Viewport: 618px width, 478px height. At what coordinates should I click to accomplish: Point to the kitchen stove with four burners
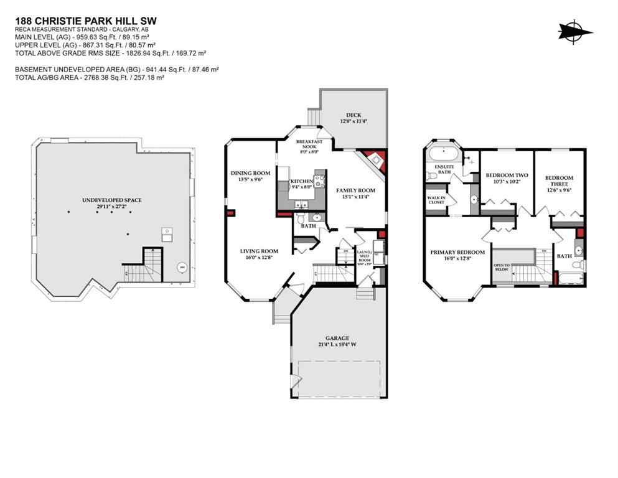pos(320,181)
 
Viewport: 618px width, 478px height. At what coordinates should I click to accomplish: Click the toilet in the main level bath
pos(301,218)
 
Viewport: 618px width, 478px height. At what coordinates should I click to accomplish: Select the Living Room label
pos(259,251)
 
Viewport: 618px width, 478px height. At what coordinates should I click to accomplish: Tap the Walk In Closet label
pos(435,200)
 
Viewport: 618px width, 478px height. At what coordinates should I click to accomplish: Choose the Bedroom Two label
pos(506,175)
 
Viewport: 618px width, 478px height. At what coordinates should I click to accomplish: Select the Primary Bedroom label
pos(457,253)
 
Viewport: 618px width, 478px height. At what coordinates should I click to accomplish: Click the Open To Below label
pos(502,268)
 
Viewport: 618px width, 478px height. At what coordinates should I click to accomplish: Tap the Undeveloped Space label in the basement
pos(112,200)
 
